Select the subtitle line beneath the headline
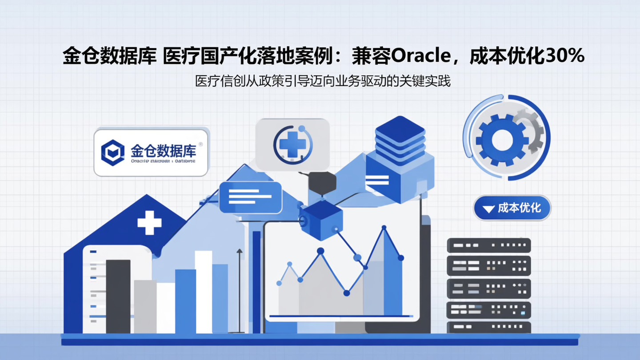coord(323,81)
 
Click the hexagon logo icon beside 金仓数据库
coord(112,152)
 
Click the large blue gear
coord(501,139)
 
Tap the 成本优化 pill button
coord(512,208)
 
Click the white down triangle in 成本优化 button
coord(488,208)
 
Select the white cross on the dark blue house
coord(149,222)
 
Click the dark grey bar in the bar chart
coord(118,296)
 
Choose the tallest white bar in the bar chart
coord(204,292)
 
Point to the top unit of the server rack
coord(488,245)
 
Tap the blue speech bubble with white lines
coord(251,196)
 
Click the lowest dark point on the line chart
coord(347,293)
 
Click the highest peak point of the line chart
coord(384,228)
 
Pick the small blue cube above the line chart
coord(321,219)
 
